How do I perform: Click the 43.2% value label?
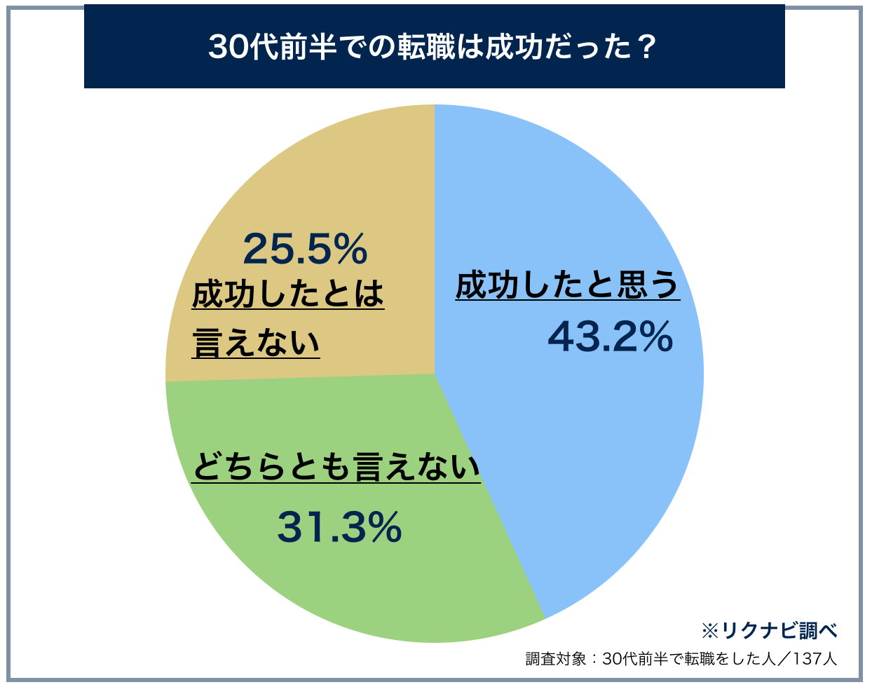pyautogui.click(x=610, y=337)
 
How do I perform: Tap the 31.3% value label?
pyautogui.click(x=340, y=527)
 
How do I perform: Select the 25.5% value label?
pyautogui.click(x=305, y=249)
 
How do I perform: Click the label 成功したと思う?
pyautogui.click(x=568, y=285)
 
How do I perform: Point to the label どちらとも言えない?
pyautogui.click(x=336, y=468)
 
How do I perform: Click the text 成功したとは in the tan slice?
pyautogui.click(x=288, y=294)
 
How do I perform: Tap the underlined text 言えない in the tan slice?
pyautogui.click(x=256, y=343)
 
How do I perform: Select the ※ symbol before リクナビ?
pyautogui.click(x=709, y=630)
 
